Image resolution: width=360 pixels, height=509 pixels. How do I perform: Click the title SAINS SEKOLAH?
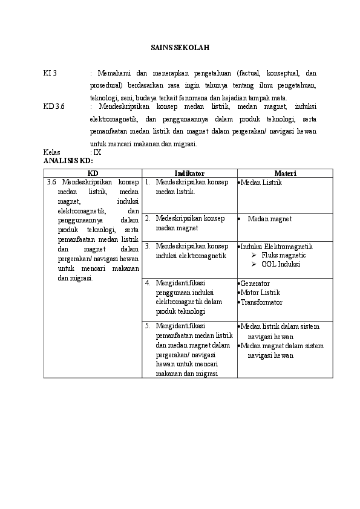click(180, 47)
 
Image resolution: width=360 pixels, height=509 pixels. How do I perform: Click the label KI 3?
click(50, 73)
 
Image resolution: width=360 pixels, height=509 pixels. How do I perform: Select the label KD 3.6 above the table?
click(54, 106)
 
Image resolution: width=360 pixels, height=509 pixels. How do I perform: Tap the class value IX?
click(97, 153)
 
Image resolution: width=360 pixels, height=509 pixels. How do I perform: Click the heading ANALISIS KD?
click(68, 161)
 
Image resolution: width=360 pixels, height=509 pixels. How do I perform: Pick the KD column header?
click(93, 173)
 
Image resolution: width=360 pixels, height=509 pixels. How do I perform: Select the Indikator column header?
click(189, 173)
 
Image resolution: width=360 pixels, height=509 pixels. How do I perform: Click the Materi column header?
click(284, 173)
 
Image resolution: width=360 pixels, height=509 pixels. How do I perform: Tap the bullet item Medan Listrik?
click(261, 182)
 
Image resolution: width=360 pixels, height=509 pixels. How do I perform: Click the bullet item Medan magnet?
click(269, 219)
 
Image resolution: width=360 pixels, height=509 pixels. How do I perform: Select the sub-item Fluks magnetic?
click(283, 256)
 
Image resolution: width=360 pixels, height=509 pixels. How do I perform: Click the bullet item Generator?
click(255, 284)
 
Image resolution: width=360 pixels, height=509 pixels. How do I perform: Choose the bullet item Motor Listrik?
click(260, 293)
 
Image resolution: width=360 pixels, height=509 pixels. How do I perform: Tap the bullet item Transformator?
click(261, 302)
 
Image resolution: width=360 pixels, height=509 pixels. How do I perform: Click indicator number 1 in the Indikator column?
click(148, 182)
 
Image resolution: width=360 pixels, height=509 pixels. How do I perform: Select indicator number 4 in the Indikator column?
click(148, 283)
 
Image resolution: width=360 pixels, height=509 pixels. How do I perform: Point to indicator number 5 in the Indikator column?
click(148, 326)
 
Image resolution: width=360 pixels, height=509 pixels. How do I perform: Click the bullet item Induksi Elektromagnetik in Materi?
click(276, 247)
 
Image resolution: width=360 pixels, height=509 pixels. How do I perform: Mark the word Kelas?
click(52, 153)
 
